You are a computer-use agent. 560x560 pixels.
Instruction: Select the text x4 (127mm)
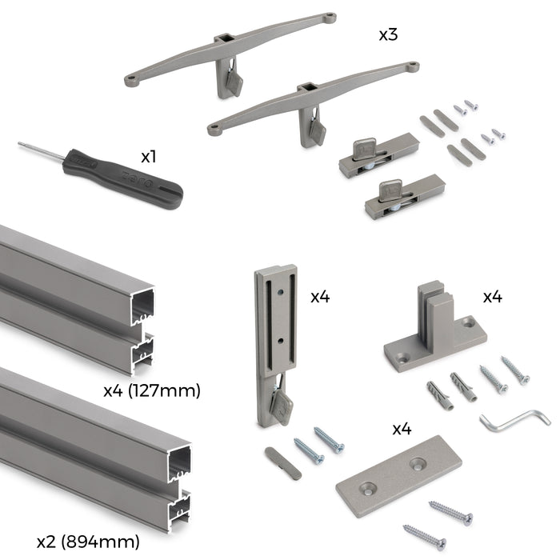(152, 390)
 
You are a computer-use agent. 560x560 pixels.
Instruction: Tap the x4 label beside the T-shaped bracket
(492, 297)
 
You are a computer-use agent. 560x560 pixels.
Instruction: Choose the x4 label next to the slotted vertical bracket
(321, 297)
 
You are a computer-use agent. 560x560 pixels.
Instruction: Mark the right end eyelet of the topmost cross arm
(329, 16)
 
